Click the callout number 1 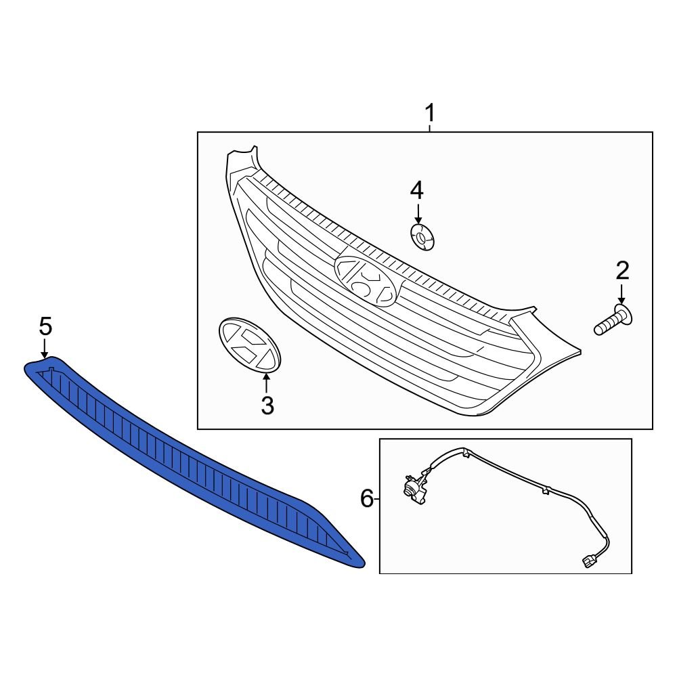coord(430,113)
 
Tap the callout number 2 coord(622,271)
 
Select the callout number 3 coord(267,406)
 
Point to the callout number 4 coord(416,191)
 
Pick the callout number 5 coord(45,326)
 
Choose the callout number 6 coord(366,499)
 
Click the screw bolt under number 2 coord(613,320)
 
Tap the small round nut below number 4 coord(422,237)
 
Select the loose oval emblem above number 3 coord(250,344)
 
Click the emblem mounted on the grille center coord(366,281)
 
